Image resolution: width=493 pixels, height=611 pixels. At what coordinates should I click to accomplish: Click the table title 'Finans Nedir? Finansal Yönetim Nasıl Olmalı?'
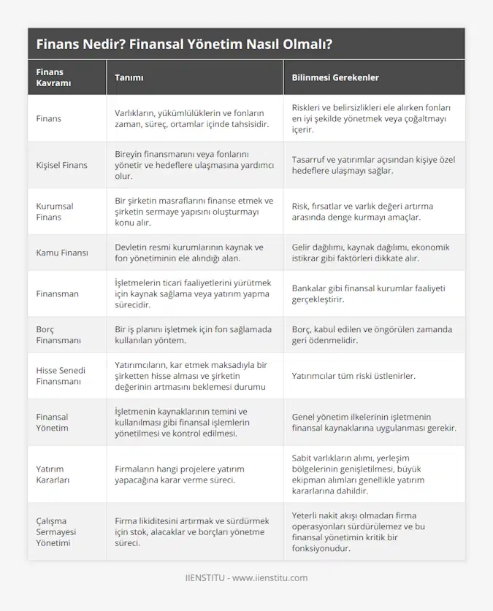click(x=184, y=44)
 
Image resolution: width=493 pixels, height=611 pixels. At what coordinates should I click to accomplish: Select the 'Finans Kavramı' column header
click(x=50, y=77)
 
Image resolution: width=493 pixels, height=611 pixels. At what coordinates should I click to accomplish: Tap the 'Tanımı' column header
click(x=129, y=77)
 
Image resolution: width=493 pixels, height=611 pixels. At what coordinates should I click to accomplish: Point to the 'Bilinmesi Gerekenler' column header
click(x=335, y=77)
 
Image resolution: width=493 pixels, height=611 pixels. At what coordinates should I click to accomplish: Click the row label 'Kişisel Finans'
click(x=61, y=165)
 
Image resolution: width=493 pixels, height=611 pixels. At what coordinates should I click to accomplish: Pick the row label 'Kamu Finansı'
click(x=62, y=253)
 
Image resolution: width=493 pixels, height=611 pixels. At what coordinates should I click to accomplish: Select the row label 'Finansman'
click(x=57, y=293)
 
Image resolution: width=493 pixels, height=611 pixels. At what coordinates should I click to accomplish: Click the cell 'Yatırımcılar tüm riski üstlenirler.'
click(x=353, y=376)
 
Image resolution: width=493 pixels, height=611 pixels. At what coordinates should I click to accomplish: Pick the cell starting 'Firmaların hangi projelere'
click(x=180, y=474)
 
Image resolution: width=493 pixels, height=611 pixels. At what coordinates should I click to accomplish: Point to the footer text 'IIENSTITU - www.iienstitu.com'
click(x=246, y=577)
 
